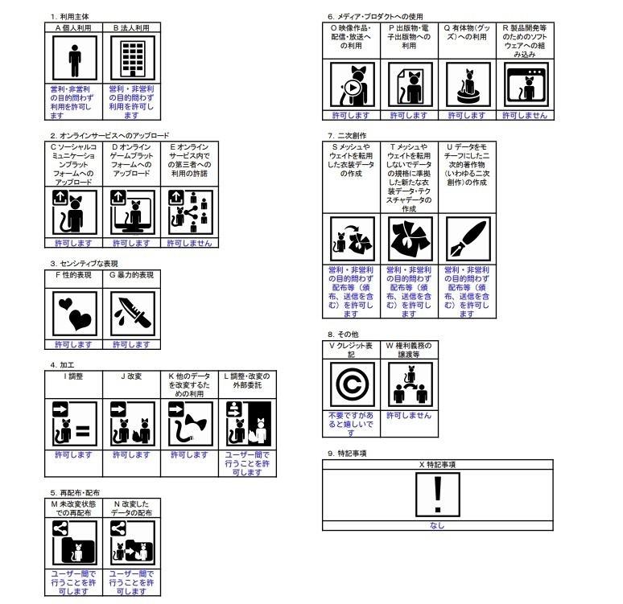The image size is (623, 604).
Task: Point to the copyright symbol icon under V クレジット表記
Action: [352, 384]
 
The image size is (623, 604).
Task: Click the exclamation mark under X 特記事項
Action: [437, 495]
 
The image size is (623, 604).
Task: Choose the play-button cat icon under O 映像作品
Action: [352, 84]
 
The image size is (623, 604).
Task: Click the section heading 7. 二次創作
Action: [347, 136]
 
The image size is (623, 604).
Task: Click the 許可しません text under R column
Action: [524, 115]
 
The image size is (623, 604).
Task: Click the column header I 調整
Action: [74, 376]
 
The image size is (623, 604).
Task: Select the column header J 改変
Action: [130, 376]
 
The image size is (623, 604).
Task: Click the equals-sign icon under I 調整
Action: [74, 425]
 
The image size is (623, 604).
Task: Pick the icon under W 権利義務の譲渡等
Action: [409, 384]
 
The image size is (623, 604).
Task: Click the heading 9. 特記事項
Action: [347, 454]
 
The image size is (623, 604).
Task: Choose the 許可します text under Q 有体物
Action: [467, 115]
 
